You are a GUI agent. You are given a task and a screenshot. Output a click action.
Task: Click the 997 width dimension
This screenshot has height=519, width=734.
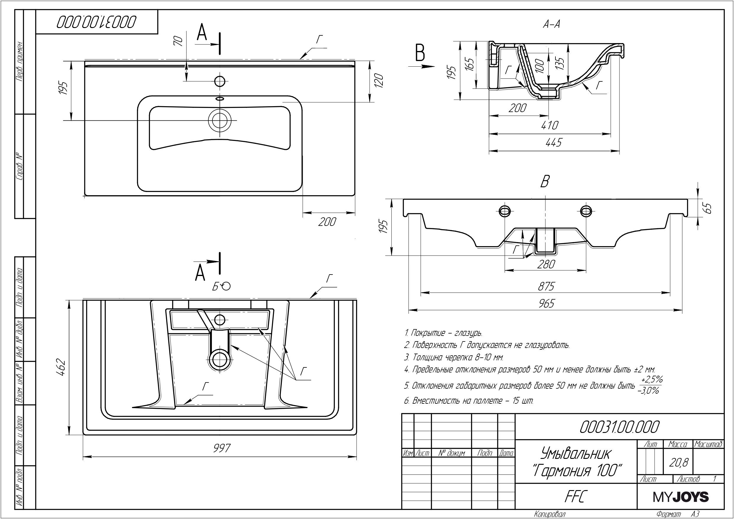click(222, 448)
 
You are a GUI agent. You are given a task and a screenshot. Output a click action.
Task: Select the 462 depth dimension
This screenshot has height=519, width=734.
click(61, 367)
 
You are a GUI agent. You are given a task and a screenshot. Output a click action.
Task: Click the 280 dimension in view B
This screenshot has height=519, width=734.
click(546, 264)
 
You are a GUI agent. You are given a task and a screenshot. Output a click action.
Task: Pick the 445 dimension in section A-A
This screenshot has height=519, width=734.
click(553, 142)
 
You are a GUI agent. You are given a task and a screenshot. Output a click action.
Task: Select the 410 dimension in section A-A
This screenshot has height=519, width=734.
click(550, 125)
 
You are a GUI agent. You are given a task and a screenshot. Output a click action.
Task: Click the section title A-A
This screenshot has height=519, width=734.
click(551, 24)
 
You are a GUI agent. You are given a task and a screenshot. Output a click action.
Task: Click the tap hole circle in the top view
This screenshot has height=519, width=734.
click(220, 81)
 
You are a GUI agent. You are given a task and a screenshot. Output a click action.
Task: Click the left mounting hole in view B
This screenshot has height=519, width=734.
click(505, 210)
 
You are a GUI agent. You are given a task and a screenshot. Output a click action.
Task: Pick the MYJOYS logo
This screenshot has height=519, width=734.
click(680, 497)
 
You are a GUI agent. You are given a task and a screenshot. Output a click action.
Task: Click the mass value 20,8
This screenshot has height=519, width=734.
click(678, 462)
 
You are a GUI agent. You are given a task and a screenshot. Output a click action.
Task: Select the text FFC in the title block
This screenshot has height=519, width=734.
click(576, 496)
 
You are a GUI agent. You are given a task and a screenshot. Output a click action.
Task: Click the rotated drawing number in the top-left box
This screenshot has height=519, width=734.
click(97, 22)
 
